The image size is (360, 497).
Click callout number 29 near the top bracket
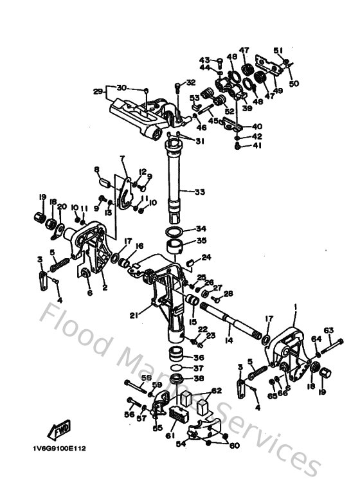[98, 91]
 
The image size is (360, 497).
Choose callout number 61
[121, 158]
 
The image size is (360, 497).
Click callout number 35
[201, 241]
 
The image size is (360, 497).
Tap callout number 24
[206, 257]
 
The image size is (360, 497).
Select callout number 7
[121, 158]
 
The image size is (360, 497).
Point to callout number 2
[105, 289]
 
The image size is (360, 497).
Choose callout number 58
[147, 377]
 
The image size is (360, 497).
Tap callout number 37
[201, 368]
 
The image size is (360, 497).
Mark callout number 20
[62, 206]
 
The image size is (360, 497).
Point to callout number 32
[190, 82]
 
